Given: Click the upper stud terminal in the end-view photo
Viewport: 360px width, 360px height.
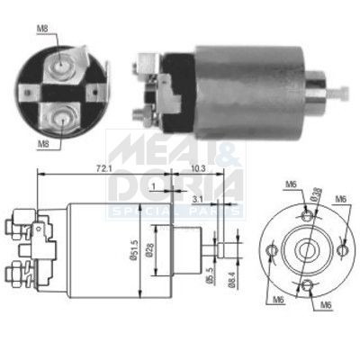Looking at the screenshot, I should click(x=60, y=65).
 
